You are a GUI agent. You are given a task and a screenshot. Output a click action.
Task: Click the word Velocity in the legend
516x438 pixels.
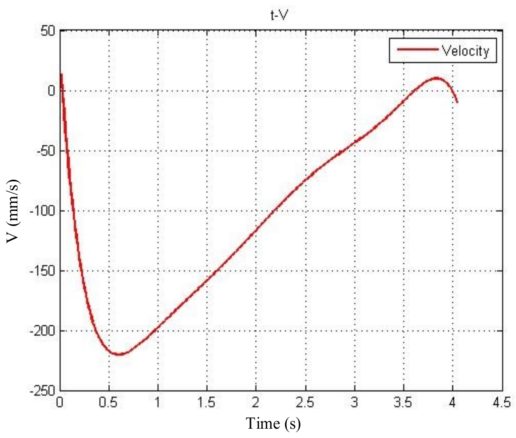465,51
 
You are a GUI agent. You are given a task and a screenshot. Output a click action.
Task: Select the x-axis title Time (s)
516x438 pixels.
273,423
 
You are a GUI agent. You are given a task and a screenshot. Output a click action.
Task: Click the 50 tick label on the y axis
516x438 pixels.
48,31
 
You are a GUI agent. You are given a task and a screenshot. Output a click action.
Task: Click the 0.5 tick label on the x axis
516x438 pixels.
109,402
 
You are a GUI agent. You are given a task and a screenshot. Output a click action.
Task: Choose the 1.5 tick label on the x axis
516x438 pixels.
207,402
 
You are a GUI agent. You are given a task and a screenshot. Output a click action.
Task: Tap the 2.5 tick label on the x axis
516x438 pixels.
305,402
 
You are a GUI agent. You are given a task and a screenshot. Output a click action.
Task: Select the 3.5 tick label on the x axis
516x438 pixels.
403,402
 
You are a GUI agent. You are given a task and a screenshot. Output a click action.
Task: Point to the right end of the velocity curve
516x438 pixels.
457,102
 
